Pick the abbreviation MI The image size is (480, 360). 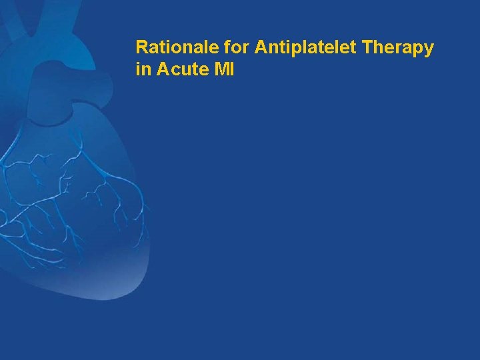click(x=223, y=69)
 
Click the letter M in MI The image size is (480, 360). click(x=219, y=69)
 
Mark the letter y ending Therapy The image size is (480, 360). click(x=429, y=51)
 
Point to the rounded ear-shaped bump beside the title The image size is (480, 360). click(x=100, y=83)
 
